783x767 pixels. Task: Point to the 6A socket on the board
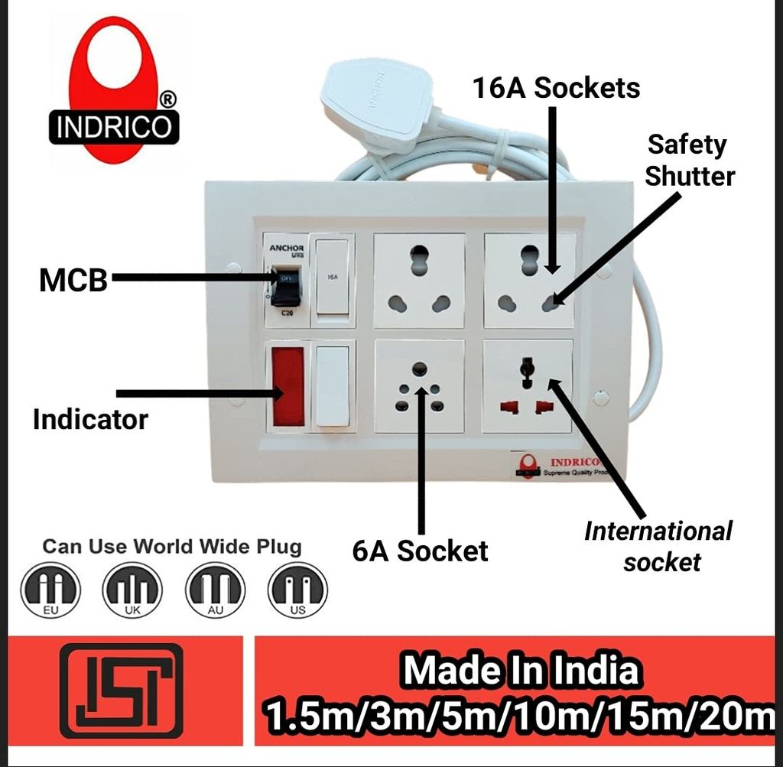[419, 385]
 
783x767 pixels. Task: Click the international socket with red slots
[528, 385]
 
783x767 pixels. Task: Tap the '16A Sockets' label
[556, 88]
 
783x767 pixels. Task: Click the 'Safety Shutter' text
[689, 160]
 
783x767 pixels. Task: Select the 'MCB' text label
[73, 281]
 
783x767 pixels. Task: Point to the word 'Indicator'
[90, 419]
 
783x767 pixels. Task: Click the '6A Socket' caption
[420, 551]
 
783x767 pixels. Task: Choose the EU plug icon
[50, 590]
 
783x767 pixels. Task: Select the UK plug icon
[132, 590]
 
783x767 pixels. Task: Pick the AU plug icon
[215, 590]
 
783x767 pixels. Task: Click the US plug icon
[297, 590]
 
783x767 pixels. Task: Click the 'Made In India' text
[521, 671]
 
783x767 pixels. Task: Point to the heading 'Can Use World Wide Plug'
[172, 547]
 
